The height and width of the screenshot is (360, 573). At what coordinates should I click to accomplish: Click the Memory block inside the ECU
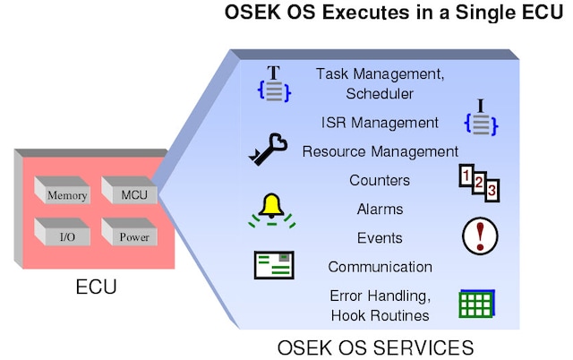coord(66,193)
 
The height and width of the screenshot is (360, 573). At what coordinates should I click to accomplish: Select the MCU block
coord(128,192)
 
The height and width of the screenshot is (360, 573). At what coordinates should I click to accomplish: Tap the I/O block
coord(66,236)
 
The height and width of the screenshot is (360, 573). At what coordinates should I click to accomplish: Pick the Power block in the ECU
coord(128,236)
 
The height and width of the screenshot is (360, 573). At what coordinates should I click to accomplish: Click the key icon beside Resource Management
coord(268,149)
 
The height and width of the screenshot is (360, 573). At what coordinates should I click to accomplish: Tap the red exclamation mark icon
coord(481,236)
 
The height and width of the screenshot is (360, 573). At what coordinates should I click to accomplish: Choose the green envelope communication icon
coord(274,265)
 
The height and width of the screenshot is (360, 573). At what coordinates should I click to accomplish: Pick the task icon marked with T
coord(274,83)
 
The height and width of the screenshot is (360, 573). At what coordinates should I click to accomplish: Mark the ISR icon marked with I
coord(480,118)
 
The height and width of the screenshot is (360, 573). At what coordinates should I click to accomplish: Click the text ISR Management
coord(380,122)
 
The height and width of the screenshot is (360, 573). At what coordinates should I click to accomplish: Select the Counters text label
coord(380,180)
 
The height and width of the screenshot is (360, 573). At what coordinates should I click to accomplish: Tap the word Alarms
coord(380,210)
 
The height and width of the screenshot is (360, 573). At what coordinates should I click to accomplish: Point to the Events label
coord(380,238)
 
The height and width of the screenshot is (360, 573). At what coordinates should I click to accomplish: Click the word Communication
coord(380,267)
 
